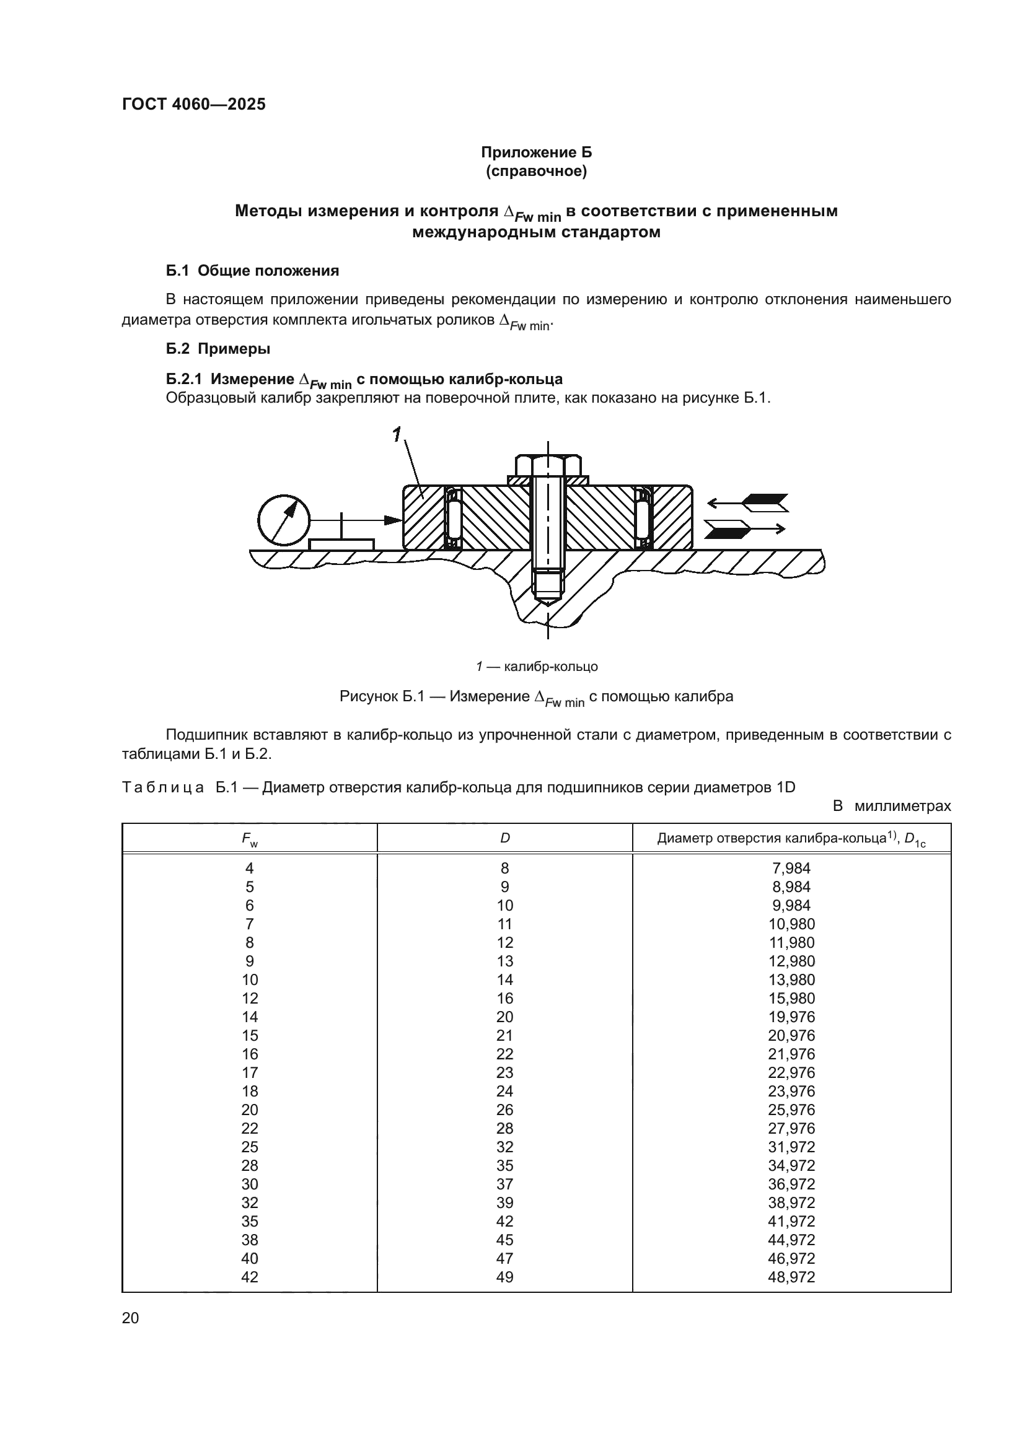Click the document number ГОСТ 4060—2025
194,105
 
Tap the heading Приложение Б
536,153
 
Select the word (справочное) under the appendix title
536,172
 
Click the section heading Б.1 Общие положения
252,271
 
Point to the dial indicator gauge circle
284,519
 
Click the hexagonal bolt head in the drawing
548,465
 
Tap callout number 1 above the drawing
397,434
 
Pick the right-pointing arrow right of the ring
745,528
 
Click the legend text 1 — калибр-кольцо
537,667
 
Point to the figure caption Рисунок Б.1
536,697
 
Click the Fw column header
249,839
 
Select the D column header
504,838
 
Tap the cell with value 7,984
791,869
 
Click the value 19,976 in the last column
791,1017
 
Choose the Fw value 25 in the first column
249,1147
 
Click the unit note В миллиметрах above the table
891,806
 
